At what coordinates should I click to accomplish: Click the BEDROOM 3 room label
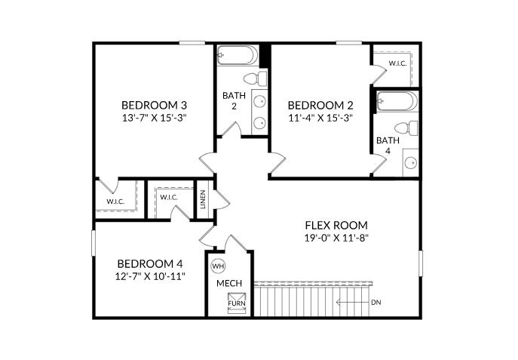155,105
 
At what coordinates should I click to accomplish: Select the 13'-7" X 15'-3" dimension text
155,118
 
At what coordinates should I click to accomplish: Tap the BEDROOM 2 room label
320,105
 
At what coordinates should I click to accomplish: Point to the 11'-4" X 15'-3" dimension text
320,118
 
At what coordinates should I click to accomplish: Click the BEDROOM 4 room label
150,263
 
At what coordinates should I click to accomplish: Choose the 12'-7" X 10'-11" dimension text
150,276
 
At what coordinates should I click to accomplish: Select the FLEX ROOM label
336,225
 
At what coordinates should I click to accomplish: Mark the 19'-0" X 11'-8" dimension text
336,238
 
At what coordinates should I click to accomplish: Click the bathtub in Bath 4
396,102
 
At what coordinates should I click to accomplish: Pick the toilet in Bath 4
407,128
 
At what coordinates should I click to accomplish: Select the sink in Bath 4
412,162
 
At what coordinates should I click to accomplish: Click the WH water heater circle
218,266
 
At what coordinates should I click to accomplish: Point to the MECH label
229,283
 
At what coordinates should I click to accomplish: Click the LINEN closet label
204,200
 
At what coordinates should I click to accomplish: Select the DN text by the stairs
376,303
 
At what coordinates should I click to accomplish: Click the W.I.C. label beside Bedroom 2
397,63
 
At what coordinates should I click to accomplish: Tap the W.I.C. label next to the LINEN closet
168,198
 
